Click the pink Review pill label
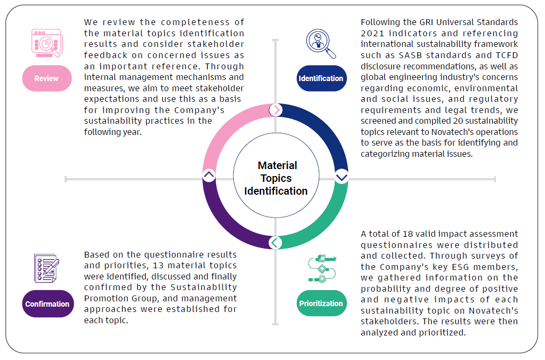[46, 78]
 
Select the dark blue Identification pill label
[321, 78]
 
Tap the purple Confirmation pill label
[47, 304]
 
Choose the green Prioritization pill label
[321, 303]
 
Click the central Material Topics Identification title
[276, 178]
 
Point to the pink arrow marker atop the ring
[275, 110]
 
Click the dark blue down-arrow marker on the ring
[341, 177]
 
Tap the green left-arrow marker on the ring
[275, 243]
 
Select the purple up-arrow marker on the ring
[209, 175]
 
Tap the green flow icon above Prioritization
[321, 269]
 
